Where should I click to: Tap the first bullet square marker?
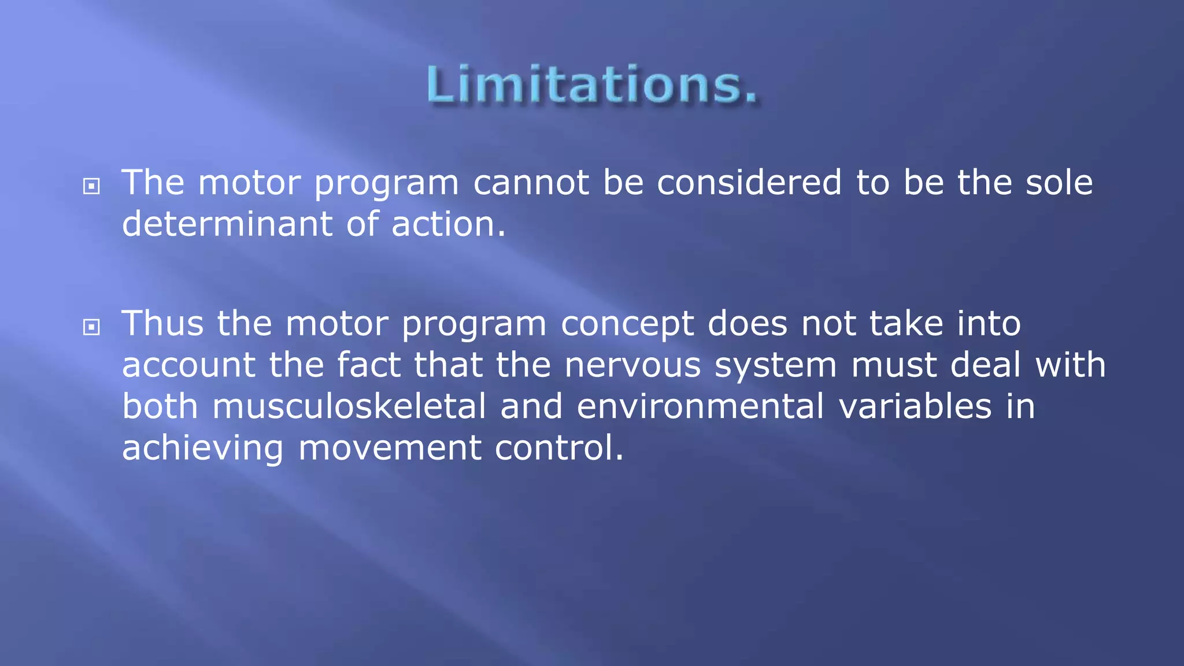pyautogui.click(x=91, y=187)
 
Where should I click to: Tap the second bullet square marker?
pyautogui.click(x=91, y=328)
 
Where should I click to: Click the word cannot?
pyautogui.click(x=531, y=183)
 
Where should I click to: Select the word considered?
pyautogui.click(x=749, y=183)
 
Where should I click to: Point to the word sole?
pyautogui.click(x=1059, y=183)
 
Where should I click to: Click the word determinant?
pyautogui.click(x=227, y=224)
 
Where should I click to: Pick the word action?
pyautogui.click(x=447, y=224)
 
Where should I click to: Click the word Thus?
pyautogui.click(x=162, y=323)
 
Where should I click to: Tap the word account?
pyautogui.click(x=188, y=366)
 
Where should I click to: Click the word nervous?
pyautogui.click(x=632, y=366)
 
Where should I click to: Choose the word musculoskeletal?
pyautogui.click(x=349, y=406)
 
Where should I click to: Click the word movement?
pyautogui.click(x=390, y=448)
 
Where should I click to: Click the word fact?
pyautogui.click(x=369, y=365)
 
